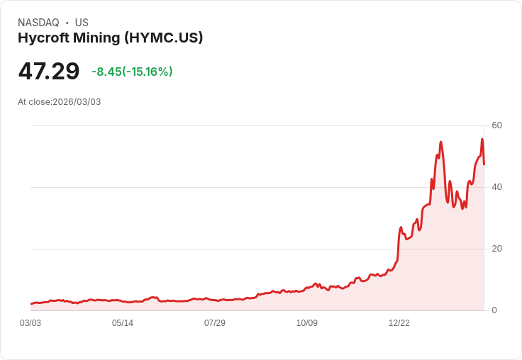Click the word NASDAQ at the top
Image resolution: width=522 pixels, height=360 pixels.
point(38,23)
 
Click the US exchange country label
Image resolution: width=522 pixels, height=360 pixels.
point(82,23)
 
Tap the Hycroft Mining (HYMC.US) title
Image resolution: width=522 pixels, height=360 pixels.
point(111,38)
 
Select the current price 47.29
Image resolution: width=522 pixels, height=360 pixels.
point(49,72)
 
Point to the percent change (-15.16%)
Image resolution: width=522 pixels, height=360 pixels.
point(148,72)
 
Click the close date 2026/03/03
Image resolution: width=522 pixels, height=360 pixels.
point(77,102)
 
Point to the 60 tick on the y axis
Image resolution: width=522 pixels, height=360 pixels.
point(496,125)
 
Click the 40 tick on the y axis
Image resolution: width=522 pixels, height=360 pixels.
point(496,187)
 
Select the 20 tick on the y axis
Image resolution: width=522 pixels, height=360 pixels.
point(496,249)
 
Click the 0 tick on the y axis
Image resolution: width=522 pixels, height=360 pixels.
point(494,310)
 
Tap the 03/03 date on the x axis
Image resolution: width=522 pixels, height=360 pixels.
point(30,323)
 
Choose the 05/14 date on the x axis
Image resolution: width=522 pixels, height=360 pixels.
point(123,323)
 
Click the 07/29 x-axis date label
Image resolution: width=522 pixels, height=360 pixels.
point(215,323)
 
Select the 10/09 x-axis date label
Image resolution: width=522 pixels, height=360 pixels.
point(307,323)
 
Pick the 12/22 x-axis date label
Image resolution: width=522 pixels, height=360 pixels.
point(399,323)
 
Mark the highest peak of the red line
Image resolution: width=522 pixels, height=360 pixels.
point(482,139)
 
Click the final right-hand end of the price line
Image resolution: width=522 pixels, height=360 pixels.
point(484,164)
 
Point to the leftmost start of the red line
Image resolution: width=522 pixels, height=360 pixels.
point(31,303)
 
